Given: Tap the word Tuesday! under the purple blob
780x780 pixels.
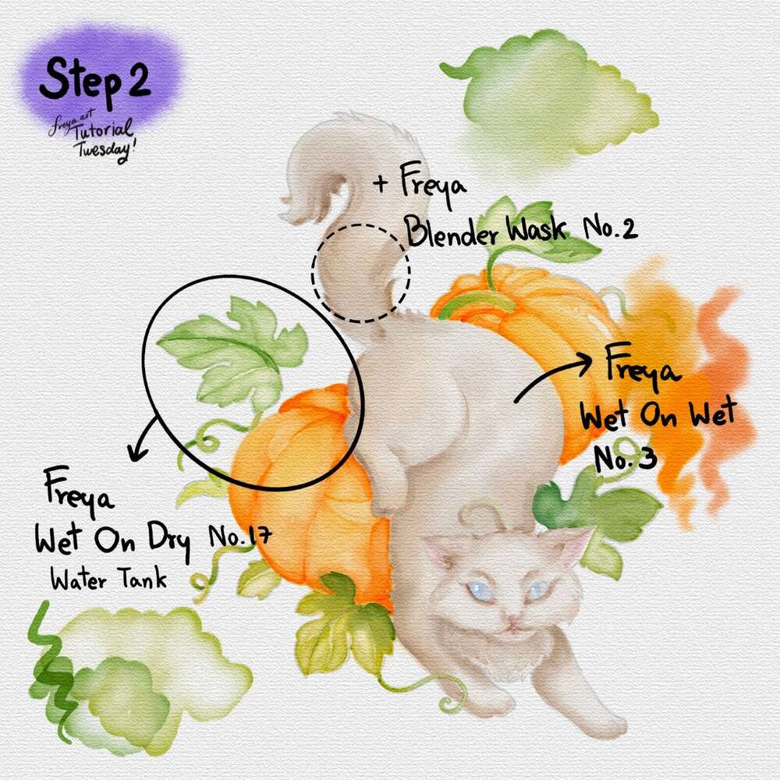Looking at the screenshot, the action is (105, 147).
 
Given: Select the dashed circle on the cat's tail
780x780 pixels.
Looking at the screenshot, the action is (361, 273).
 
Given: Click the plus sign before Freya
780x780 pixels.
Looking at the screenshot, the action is (381, 183).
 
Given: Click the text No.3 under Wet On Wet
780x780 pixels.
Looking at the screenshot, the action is (626, 458).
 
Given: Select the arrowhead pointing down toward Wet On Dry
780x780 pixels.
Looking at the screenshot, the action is (136, 452).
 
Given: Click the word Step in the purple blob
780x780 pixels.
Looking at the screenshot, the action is (79, 80).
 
